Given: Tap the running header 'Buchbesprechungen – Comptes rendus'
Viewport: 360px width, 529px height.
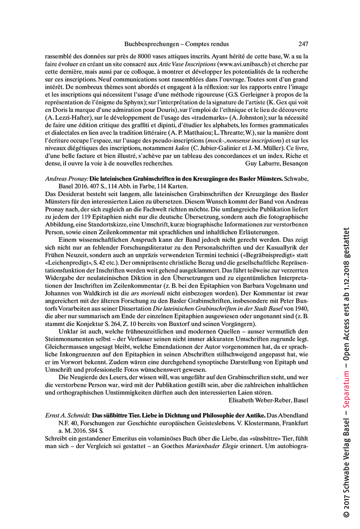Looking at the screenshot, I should click(x=176, y=44).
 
